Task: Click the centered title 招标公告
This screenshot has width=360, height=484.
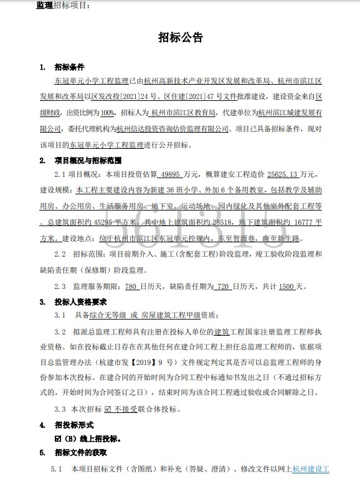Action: [180, 38]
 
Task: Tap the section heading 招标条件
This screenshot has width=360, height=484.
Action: [70, 67]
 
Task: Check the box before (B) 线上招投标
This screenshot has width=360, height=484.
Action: [58, 439]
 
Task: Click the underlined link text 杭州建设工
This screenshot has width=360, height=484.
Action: [311, 468]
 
